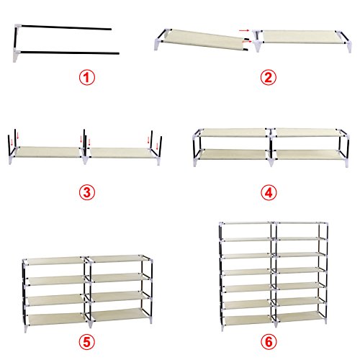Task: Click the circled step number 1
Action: (x=87, y=78)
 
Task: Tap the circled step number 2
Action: (x=269, y=78)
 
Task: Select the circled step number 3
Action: (x=87, y=192)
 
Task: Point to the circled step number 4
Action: (x=269, y=192)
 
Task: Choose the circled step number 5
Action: (x=87, y=342)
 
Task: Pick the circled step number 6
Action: (x=269, y=342)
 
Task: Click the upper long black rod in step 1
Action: (x=66, y=27)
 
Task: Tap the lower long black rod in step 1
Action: (x=70, y=53)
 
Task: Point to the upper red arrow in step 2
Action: (x=244, y=31)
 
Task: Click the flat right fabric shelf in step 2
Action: (x=303, y=37)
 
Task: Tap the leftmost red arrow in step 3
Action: (x=12, y=143)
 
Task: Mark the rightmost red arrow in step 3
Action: (x=158, y=146)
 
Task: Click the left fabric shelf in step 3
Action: (x=48, y=152)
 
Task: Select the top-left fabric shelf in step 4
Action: (x=233, y=132)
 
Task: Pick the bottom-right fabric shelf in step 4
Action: (x=308, y=154)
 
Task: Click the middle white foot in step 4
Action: (x=271, y=161)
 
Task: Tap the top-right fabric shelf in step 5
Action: (x=116, y=258)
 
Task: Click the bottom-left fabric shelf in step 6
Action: (x=248, y=320)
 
